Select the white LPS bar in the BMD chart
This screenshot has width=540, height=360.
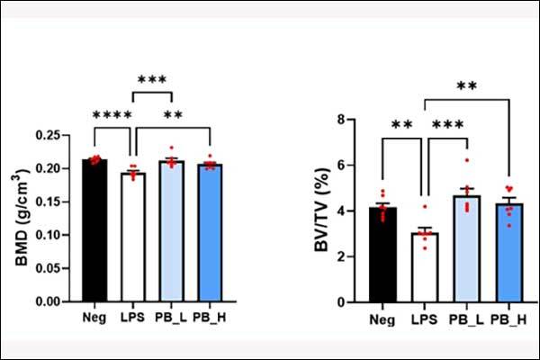click(132, 238)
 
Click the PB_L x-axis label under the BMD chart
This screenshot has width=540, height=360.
click(172, 317)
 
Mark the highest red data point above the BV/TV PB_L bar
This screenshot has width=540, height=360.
click(467, 160)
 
